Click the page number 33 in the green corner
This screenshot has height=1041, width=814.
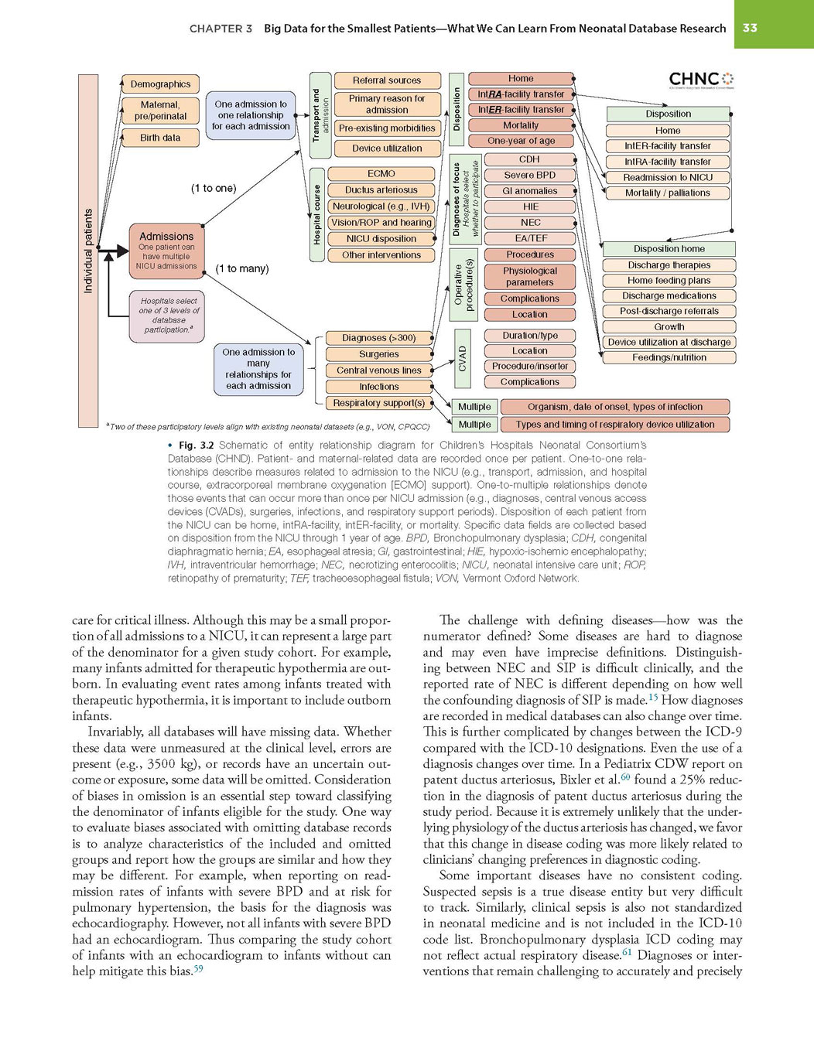(750, 28)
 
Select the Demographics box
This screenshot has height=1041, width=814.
(160, 84)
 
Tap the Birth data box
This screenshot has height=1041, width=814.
(160, 138)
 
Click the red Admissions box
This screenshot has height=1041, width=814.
(166, 251)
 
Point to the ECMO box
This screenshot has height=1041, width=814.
(381, 173)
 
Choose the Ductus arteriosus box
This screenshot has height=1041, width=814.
(381, 189)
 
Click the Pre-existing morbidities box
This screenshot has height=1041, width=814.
(387, 128)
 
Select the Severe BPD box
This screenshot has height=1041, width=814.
(529, 175)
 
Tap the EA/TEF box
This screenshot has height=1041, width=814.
(529, 238)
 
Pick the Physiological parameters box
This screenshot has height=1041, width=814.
(529, 276)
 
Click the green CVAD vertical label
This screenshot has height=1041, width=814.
(461, 358)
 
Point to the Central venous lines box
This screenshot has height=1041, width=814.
(378, 370)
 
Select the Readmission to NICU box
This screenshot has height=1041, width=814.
(668, 177)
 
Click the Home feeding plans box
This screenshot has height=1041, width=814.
(669, 280)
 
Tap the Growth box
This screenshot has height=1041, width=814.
(669, 326)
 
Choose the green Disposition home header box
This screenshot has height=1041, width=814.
(669, 248)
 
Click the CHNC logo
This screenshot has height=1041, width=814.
(701, 80)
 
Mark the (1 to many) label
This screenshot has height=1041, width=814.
(242, 268)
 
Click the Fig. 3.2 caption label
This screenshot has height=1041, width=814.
(196, 445)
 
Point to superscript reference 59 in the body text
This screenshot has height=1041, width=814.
(198, 969)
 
